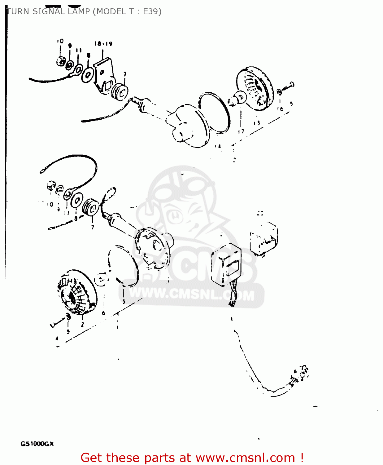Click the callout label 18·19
(103, 44)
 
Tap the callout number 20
(260, 213)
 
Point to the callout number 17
(241, 131)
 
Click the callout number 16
(280, 109)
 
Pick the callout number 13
(257, 123)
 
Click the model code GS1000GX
(37, 444)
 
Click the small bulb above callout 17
(240, 98)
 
